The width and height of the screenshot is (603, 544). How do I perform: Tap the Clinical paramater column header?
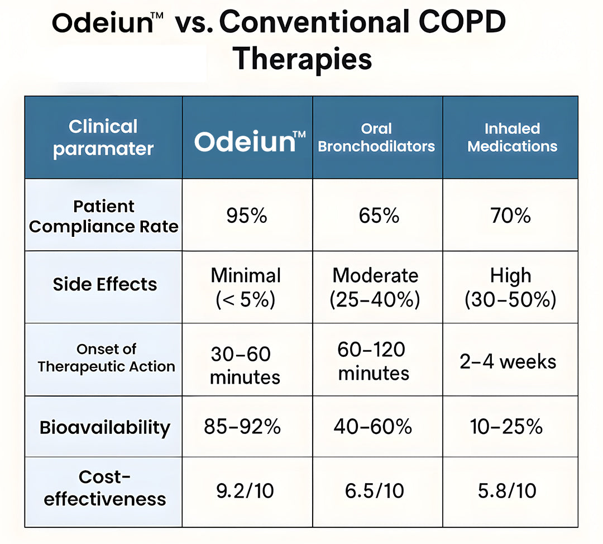pos(103,137)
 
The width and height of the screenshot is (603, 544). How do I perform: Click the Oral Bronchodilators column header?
pos(376,137)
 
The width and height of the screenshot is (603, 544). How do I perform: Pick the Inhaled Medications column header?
pos(512,137)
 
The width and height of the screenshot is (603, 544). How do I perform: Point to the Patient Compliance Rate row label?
pos(104,216)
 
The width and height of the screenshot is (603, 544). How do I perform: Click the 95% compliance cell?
pos(247,216)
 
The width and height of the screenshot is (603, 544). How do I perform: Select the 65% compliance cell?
pos(379,216)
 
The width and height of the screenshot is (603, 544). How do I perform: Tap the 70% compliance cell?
pos(510,216)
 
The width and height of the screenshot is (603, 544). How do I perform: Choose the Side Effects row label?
pos(105,284)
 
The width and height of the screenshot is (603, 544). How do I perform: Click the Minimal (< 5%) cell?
pos(246,287)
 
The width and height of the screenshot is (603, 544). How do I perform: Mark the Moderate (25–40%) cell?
pos(375,287)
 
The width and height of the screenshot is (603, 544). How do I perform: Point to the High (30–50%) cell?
pos(510,287)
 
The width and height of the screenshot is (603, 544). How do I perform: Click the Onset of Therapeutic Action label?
pos(106,358)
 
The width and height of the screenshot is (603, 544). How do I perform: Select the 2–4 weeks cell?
pos(508,361)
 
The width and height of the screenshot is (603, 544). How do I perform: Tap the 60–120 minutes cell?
pos(373,361)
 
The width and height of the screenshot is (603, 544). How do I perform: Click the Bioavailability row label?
pos(105,428)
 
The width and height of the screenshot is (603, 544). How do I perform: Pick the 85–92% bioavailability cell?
pos(242,427)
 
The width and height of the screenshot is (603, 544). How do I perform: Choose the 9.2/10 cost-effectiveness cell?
pos(245,490)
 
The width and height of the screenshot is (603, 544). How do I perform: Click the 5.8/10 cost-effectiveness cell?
pos(508,490)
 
